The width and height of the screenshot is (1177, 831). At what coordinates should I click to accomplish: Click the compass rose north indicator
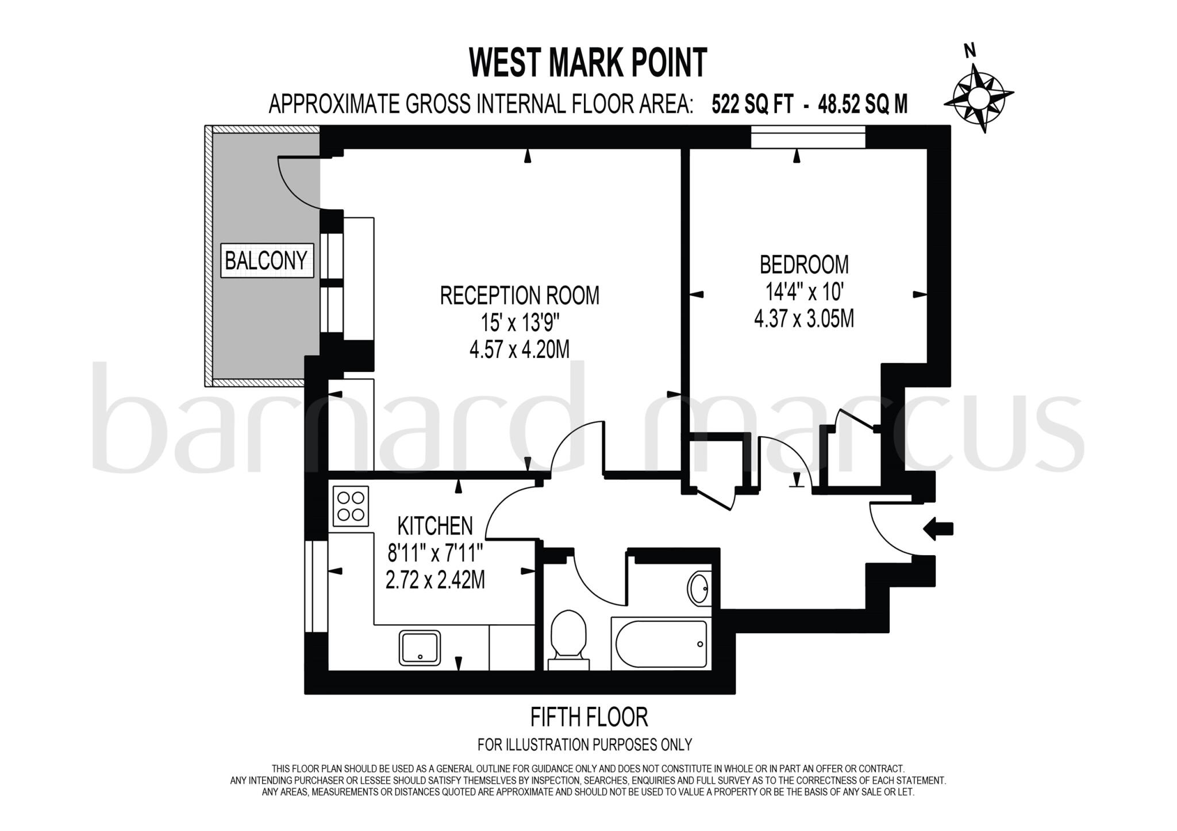tap(977, 95)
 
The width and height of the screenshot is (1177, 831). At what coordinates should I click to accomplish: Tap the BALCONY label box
tap(267, 261)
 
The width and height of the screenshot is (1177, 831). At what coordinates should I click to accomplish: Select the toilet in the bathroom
tap(568, 638)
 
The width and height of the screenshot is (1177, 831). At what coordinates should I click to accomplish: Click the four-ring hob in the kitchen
tap(351, 506)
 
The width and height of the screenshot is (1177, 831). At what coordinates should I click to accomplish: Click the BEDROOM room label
tap(803, 265)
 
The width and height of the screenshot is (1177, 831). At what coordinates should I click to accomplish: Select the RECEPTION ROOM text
tap(520, 295)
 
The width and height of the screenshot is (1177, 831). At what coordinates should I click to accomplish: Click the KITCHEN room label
tap(435, 525)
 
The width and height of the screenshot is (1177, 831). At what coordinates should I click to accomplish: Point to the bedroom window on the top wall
tap(807, 137)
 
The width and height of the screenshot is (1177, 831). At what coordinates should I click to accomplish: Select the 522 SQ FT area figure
tap(753, 105)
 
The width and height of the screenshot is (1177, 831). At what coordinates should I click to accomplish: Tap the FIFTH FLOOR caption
tap(589, 717)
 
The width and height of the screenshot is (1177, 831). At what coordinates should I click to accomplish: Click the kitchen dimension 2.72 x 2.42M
tap(435, 580)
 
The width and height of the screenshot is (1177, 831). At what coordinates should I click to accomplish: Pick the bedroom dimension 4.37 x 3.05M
tap(803, 318)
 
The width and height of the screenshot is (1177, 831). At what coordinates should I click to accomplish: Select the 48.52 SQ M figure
tap(863, 105)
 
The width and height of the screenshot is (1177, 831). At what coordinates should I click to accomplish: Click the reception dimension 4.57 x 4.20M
tap(520, 349)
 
